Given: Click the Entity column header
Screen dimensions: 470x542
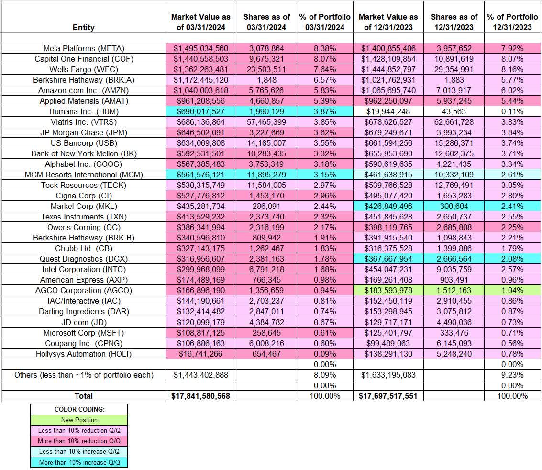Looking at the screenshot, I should click(84, 27).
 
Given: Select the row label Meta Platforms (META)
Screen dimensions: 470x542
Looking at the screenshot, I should click(84, 48).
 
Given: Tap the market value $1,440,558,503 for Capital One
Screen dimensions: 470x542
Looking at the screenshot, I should click(200, 59).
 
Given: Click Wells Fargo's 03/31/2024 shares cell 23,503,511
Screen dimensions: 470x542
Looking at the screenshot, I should click(266, 69).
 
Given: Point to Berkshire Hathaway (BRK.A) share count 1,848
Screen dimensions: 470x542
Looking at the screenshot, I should click(266, 80).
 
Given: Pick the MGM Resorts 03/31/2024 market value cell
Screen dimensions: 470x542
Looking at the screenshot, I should click(200, 175).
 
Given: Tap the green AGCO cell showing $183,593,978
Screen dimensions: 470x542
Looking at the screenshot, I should click(388, 290).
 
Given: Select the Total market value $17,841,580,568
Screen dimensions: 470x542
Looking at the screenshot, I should click(200, 396).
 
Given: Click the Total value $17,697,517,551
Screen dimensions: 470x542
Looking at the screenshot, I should click(388, 396).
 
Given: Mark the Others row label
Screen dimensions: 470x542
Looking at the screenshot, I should click(84, 375).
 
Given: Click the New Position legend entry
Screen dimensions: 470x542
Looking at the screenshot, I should click(79, 420).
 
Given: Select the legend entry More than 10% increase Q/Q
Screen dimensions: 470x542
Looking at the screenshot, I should click(79, 462).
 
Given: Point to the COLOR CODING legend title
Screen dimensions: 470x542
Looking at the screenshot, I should click(79, 410).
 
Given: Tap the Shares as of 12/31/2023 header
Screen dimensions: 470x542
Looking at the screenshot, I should click(454, 22).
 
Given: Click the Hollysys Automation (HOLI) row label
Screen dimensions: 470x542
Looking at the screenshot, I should click(84, 354).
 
